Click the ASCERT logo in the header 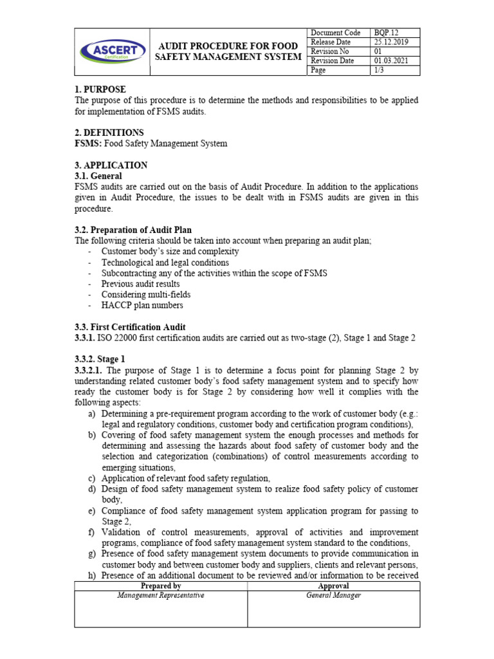point(113,51)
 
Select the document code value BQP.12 point(387,33)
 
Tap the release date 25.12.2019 point(392,42)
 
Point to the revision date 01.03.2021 point(392,61)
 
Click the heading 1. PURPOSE point(100,89)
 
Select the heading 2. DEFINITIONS point(109,133)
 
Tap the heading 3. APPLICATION point(111,165)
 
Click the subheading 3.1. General point(98,176)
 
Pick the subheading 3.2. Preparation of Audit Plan point(133,230)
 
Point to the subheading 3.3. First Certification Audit point(131,327)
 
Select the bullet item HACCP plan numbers point(142,305)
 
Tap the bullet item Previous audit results point(141,284)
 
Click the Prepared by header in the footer point(161,586)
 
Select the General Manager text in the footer point(334,595)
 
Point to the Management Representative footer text point(161,595)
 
